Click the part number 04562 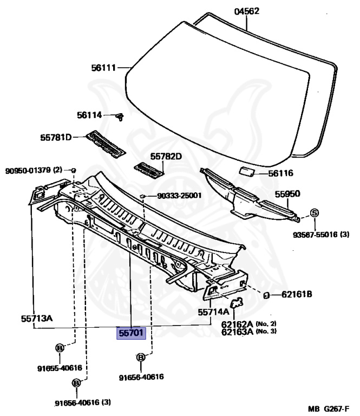(x=246, y=11)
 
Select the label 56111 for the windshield (x=103, y=68)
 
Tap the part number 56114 (x=89, y=115)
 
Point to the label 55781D (x=56, y=138)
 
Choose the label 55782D (x=166, y=157)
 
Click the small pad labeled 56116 (x=248, y=172)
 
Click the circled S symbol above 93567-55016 (x=314, y=212)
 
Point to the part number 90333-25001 (x=179, y=196)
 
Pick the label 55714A (x=213, y=312)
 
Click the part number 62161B (x=297, y=295)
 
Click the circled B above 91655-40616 (x=60, y=348)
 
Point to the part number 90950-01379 (x=29, y=170)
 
